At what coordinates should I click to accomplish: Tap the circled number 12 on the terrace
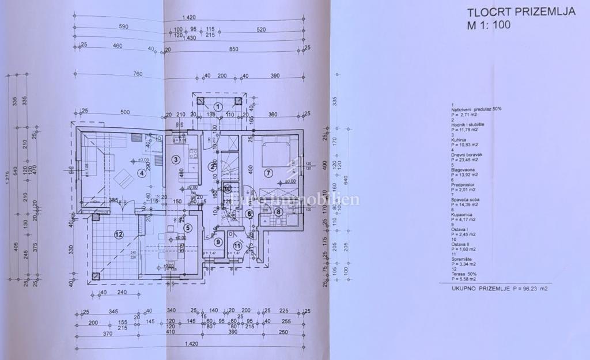pos(119,234)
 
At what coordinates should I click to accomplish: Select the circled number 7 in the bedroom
pos(268,172)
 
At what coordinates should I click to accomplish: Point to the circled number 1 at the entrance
pos(218,107)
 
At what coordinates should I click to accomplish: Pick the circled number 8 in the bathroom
pos(278,212)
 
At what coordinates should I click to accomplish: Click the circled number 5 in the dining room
pos(187,228)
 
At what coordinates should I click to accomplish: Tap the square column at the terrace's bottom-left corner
pos(96,275)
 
